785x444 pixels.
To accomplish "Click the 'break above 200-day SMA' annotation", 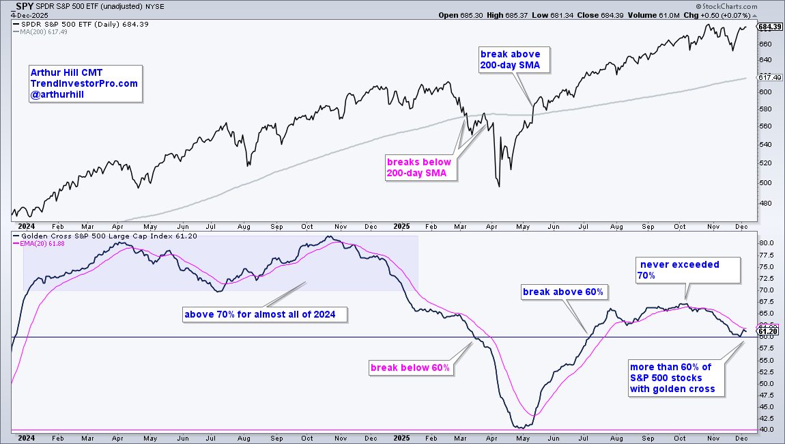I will [511, 59].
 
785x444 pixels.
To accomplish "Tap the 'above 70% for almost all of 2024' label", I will [265, 315].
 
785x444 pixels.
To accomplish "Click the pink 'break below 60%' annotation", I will [410, 367].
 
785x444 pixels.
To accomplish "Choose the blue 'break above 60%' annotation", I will [563, 292].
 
